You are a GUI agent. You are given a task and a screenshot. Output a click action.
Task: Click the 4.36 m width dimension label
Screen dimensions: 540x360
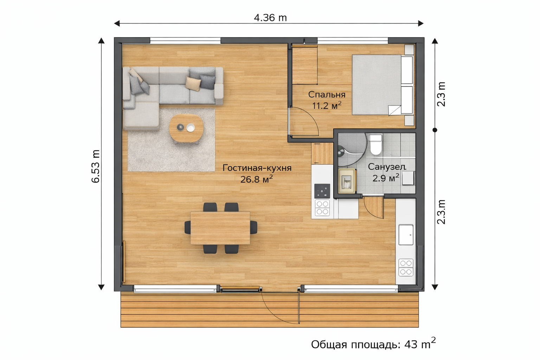270,18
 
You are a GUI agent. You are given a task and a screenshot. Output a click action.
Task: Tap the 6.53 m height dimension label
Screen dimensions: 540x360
96,166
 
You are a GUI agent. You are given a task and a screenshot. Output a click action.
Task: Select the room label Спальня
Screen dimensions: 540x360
327,95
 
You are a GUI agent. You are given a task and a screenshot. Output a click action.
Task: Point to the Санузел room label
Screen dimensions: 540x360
387,167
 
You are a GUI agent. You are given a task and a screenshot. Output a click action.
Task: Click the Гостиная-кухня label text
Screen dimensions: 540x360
257,168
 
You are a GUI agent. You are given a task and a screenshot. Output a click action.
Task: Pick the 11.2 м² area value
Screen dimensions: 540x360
327,105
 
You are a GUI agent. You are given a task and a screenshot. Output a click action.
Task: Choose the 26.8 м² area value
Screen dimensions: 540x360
257,179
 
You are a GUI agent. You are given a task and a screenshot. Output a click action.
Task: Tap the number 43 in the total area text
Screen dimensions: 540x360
411,345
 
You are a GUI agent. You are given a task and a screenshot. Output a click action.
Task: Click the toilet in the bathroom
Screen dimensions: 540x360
375,144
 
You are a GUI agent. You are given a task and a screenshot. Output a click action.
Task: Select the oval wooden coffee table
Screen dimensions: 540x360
186,128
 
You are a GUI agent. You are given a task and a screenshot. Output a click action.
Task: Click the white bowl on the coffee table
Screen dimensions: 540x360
191,128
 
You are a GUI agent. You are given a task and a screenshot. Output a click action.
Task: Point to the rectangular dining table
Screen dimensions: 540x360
220,228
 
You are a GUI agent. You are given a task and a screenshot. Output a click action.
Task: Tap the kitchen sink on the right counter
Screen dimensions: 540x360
406,234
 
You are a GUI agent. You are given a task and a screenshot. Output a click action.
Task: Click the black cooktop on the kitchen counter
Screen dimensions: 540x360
322,191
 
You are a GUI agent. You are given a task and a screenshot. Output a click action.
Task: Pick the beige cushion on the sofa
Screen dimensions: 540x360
193,84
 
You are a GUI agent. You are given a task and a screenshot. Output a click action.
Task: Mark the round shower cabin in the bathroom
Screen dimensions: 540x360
352,150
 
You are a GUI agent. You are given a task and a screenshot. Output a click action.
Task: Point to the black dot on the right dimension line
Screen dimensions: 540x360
435,130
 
